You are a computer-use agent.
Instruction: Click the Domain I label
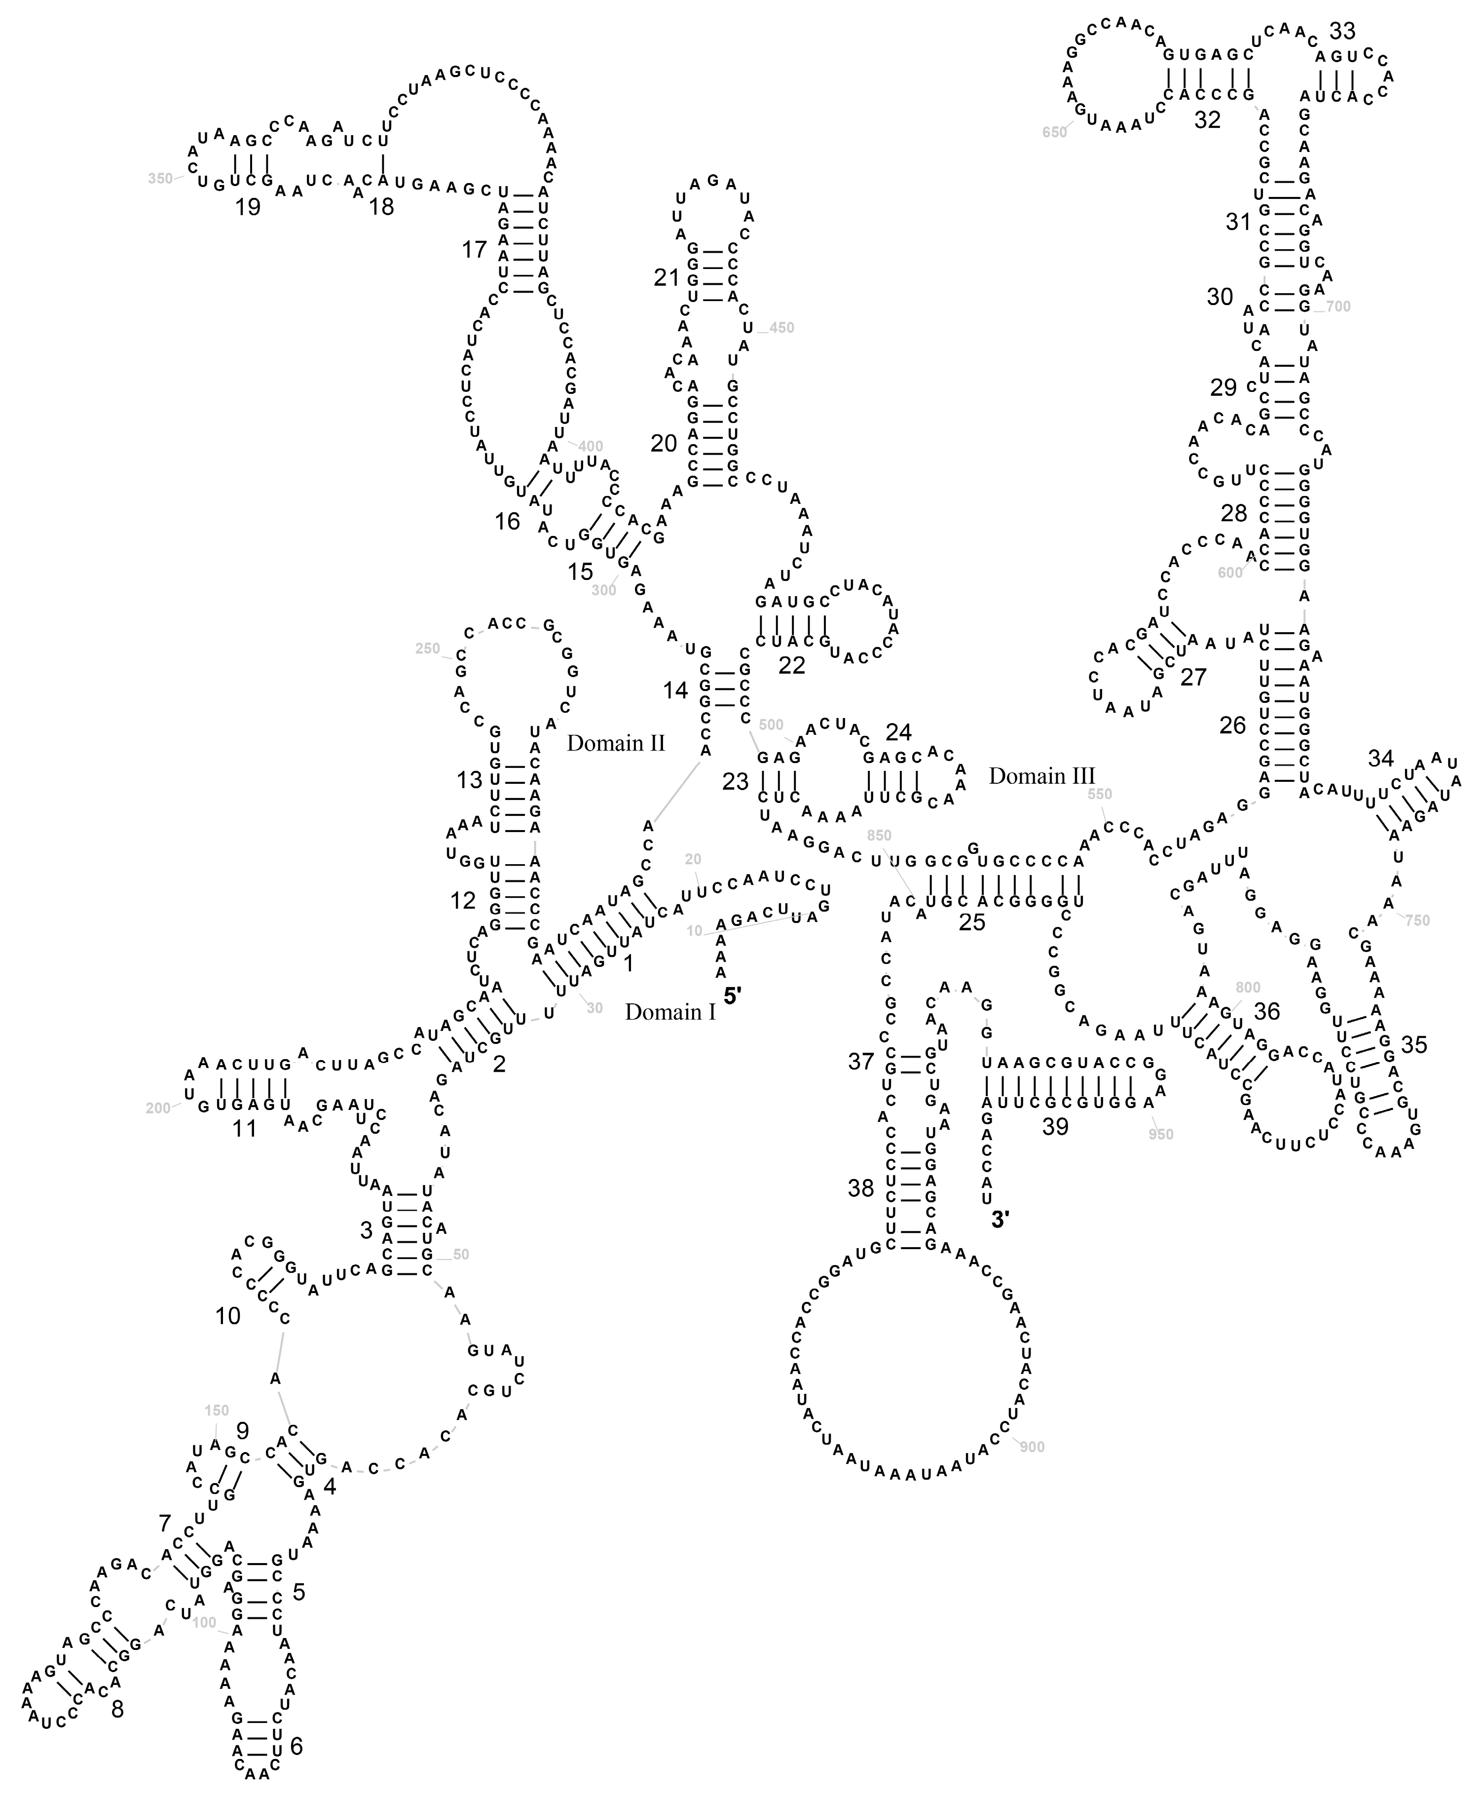click(670, 1013)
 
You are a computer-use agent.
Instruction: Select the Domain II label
click(615, 743)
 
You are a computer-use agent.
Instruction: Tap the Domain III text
click(1041, 776)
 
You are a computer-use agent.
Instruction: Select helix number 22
click(792, 665)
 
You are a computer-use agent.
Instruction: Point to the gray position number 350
click(160, 179)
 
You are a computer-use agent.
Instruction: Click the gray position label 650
click(1055, 132)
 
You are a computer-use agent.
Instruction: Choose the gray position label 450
click(781, 328)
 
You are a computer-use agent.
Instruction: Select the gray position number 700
click(1338, 306)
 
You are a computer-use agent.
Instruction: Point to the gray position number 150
click(217, 1411)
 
